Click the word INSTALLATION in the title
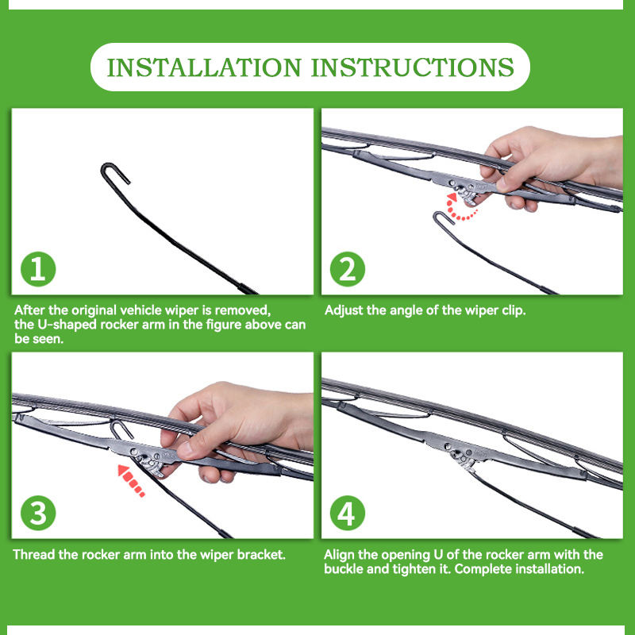click(x=204, y=67)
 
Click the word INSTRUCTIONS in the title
click(x=413, y=67)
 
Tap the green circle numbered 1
click(x=38, y=269)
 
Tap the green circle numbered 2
click(x=348, y=269)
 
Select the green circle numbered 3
click(x=38, y=513)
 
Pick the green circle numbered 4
click(x=348, y=513)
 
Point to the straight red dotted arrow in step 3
click(x=131, y=481)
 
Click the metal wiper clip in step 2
click(x=466, y=188)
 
